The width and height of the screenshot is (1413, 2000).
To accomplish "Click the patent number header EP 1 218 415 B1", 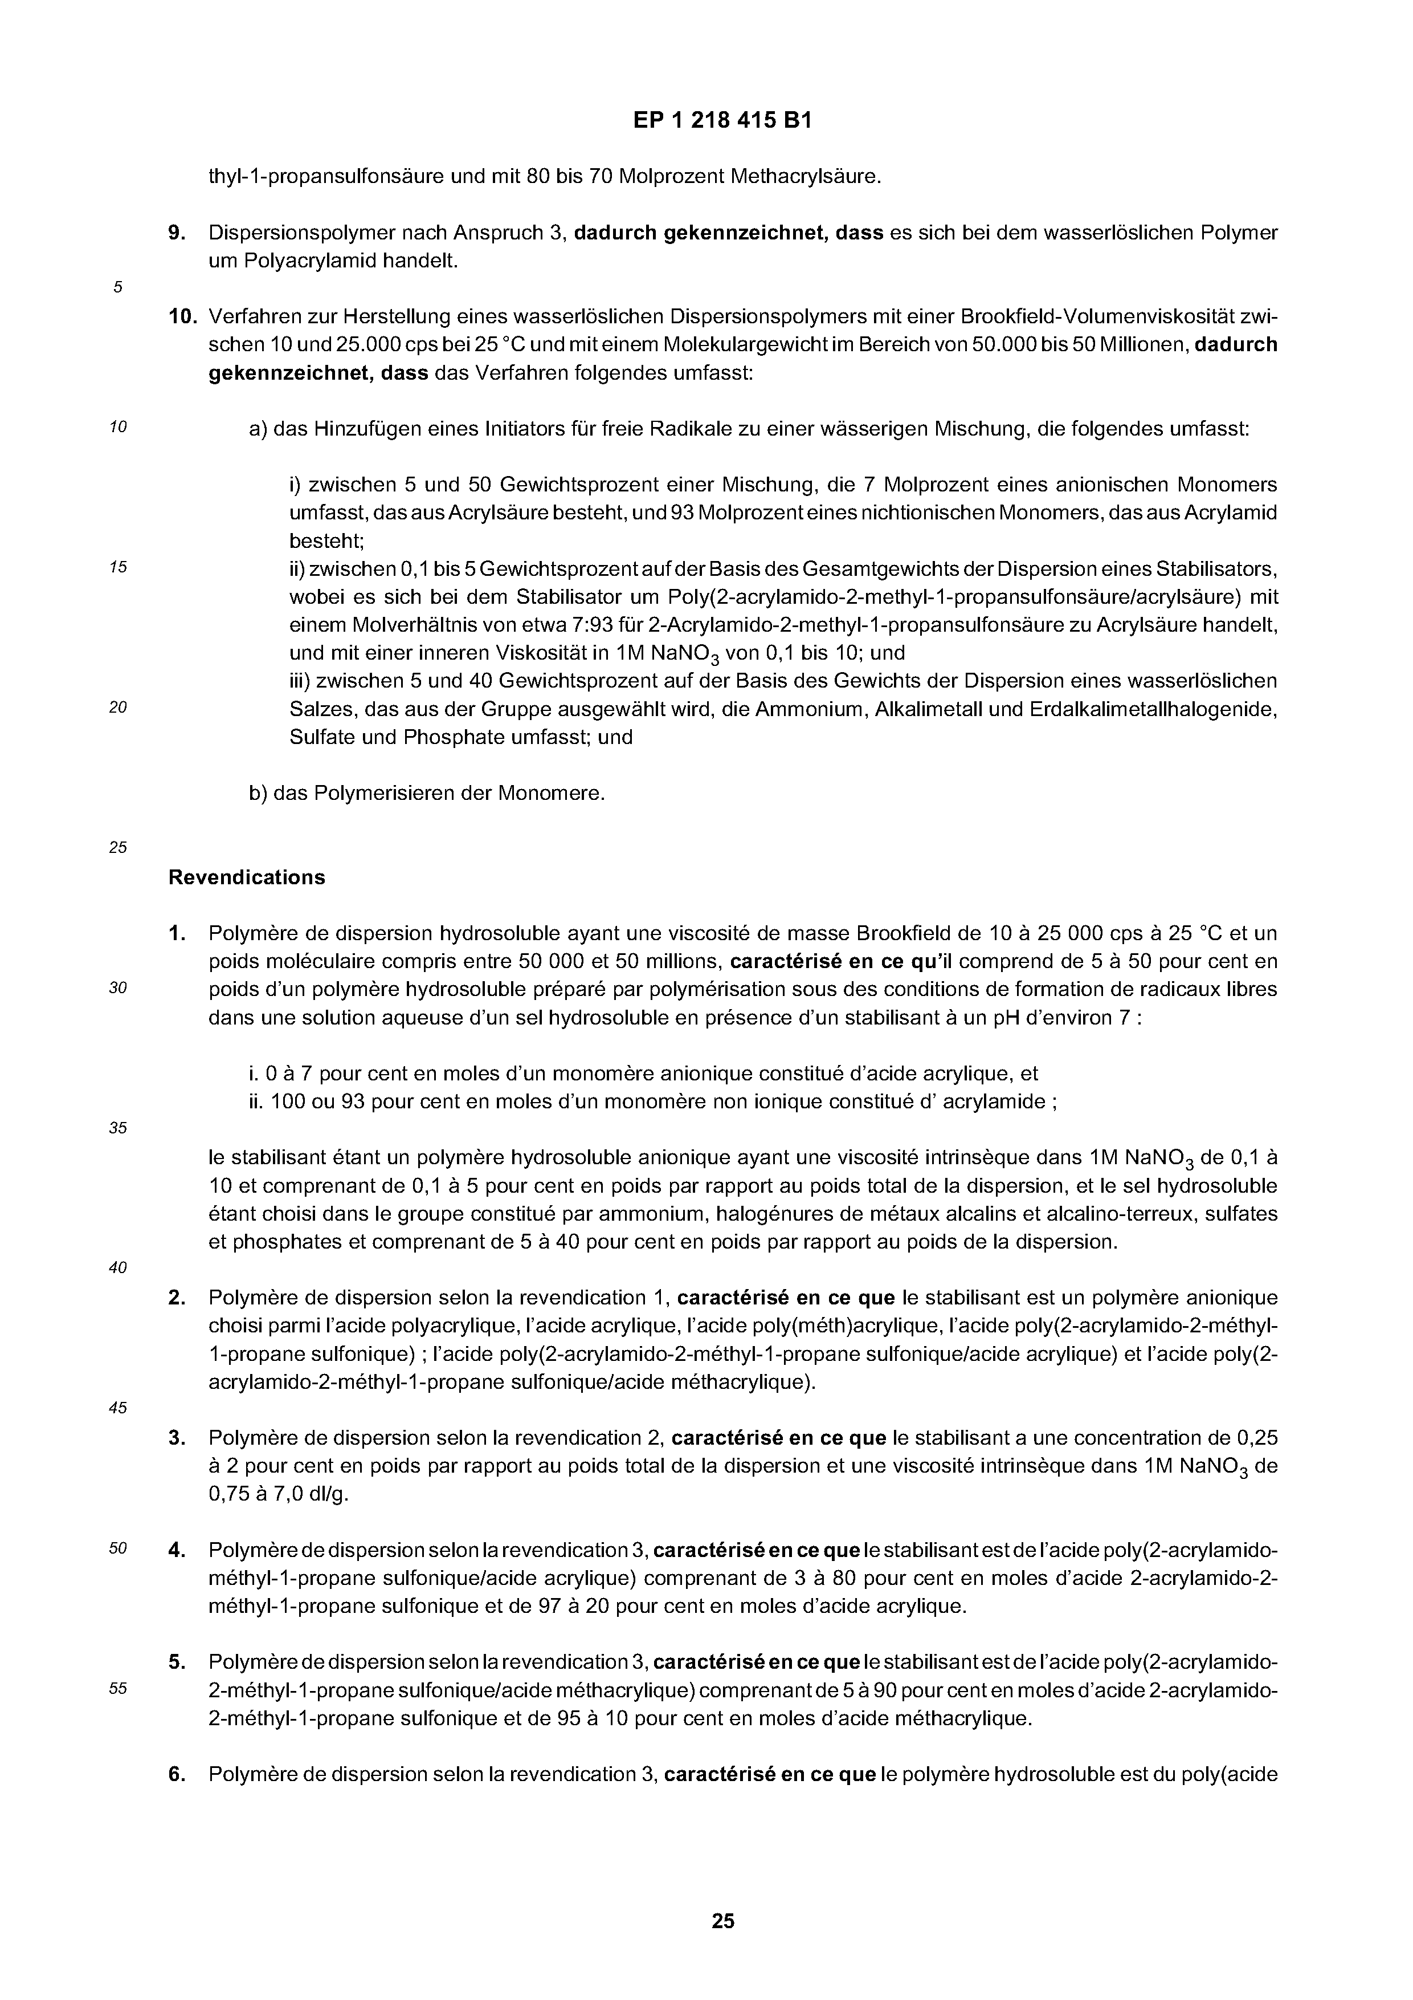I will tap(722, 121).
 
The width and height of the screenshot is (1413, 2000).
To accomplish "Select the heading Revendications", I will tap(246, 877).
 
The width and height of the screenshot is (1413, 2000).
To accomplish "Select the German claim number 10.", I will tap(181, 316).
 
